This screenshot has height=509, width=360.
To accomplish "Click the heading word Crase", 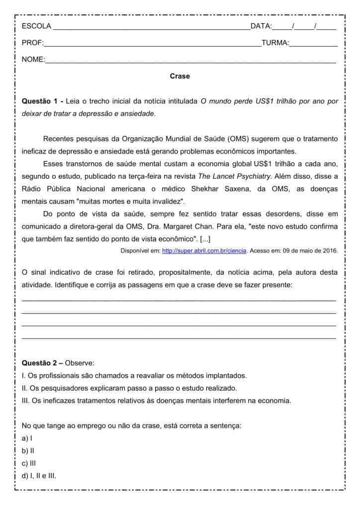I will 180,76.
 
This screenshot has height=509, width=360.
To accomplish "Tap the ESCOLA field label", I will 36,26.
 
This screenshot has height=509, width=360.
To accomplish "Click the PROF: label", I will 33,43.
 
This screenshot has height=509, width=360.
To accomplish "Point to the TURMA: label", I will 275,43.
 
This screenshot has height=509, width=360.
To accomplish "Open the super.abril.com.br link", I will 204,251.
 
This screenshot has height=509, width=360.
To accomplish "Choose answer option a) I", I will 27,438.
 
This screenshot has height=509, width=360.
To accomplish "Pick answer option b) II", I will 28,451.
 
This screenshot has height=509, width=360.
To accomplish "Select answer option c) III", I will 29,463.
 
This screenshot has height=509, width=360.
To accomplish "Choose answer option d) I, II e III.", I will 39,476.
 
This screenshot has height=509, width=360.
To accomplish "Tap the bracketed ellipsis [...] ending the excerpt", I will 205,239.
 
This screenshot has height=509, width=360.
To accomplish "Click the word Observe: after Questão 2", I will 80,363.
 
